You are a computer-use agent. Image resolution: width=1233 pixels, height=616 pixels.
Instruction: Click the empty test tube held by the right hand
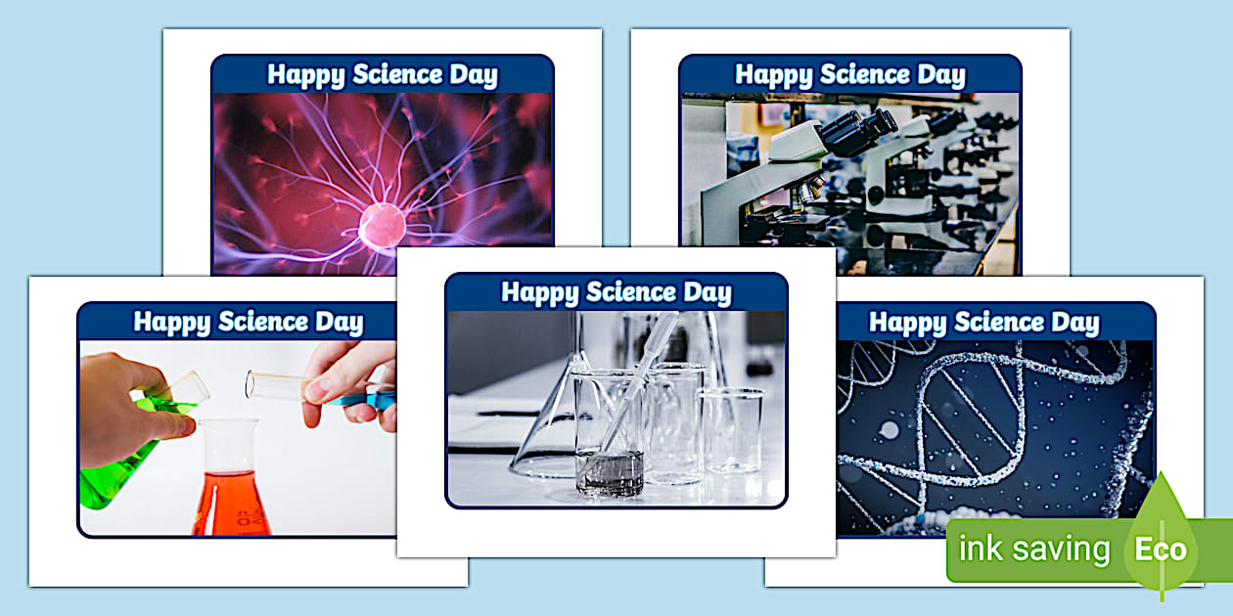pos(279,384)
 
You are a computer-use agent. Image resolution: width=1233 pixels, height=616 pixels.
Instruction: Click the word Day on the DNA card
pos(1074,323)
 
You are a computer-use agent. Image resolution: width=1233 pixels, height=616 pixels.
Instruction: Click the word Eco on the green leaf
pos(1161,549)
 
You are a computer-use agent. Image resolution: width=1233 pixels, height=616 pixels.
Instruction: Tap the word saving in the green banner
pos(1063,550)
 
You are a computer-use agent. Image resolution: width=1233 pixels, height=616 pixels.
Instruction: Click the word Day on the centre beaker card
pos(707,292)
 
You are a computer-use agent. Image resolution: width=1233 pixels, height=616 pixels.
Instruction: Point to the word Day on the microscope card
pos(940,75)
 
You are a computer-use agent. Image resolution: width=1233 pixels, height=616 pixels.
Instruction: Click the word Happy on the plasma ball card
pos(303,75)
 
